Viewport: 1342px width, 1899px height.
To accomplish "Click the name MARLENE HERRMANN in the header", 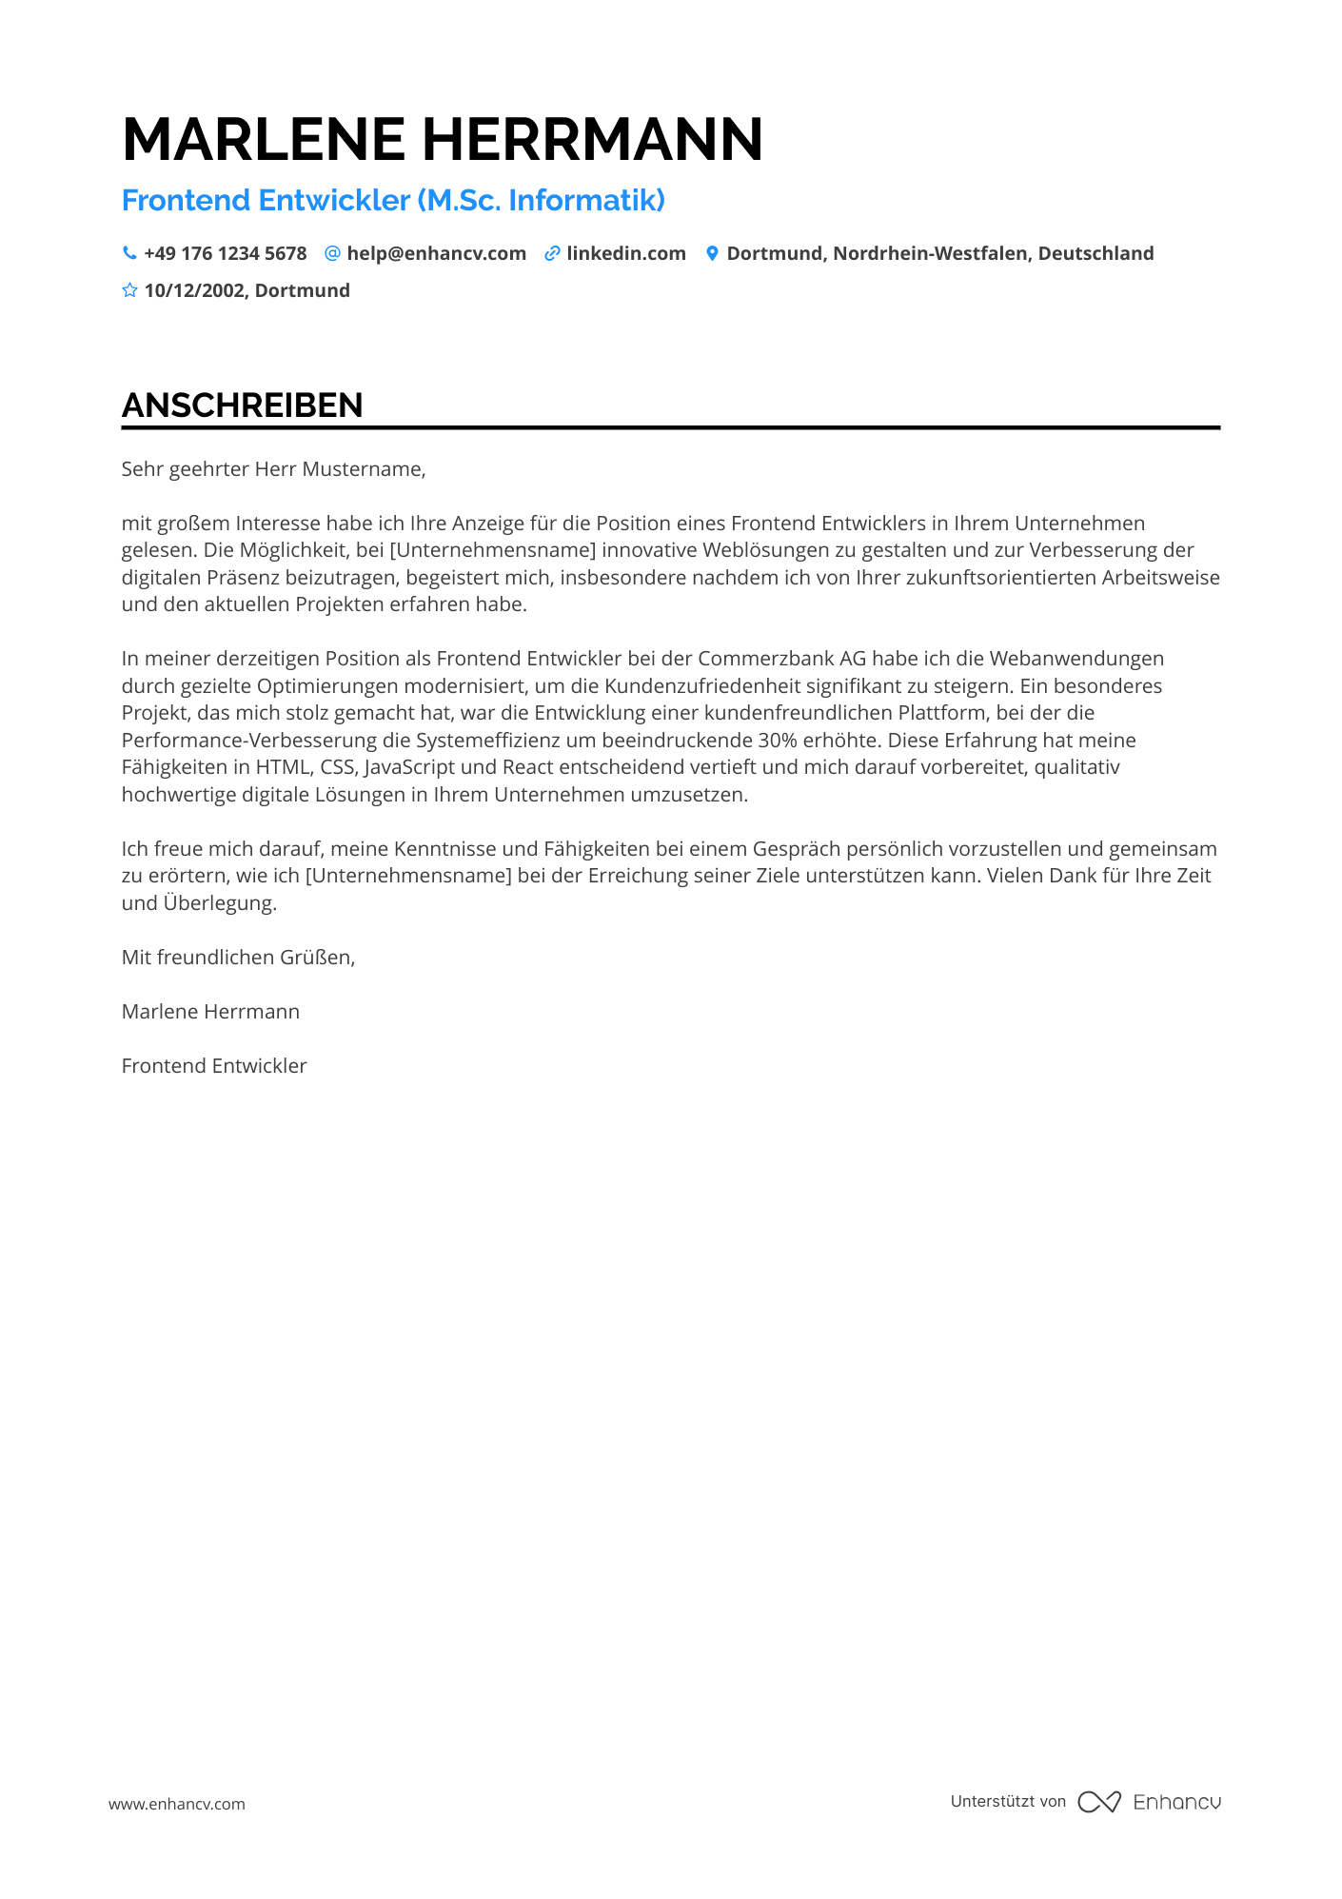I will (x=443, y=140).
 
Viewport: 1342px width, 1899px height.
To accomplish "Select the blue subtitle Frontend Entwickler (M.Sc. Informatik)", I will (x=393, y=201).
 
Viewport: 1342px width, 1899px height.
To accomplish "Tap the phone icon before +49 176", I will (x=129, y=253).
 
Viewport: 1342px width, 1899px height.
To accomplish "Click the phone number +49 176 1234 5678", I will (x=225, y=253).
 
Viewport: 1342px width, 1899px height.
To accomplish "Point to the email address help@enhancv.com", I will (x=436, y=253).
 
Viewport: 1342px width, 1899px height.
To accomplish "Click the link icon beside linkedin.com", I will (x=552, y=253).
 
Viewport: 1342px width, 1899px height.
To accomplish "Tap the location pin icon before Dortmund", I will (x=712, y=253).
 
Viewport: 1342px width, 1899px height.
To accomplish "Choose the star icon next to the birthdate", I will (x=129, y=290).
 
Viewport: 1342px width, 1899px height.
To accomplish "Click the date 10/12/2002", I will (x=194, y=290).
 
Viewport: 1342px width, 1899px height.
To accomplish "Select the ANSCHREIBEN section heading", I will (x=242, y=406).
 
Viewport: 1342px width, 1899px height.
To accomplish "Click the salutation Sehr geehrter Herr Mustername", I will (x=273, y=469).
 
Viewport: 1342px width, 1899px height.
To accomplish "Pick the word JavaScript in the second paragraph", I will (x=409, y=767).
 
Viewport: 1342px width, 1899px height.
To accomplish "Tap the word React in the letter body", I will (x=527, y=767).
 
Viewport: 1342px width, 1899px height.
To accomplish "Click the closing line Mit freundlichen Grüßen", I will (x=238, y=958).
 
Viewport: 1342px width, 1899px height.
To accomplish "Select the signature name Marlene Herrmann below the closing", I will (x=210, y=1012).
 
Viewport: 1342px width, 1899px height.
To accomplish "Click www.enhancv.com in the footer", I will (x=177, y=1804).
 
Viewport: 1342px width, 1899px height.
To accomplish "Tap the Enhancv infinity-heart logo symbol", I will (x=1099, y=1802).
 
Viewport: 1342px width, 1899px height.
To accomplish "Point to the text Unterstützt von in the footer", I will (x=1008, y=1801).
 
